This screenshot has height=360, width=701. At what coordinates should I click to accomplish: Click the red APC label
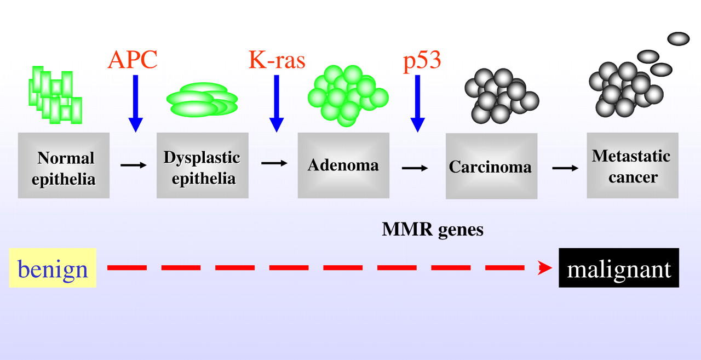pyautogui.click(x=133, y=59)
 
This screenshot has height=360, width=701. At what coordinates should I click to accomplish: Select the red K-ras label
pyautogui.click(x=277, y=59)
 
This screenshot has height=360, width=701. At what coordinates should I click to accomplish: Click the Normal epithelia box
pyautogui.click(x=64, y=165)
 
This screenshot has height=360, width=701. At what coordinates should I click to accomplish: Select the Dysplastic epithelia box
pyautogui.click(x=202, y=165)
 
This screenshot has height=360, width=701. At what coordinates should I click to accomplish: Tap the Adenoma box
pyautogui.click(x=343, y=165)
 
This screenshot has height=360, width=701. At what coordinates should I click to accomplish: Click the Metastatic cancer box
pyautogui.click(x=632, y=165)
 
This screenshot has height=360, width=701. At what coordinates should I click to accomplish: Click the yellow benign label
pyautogui.click(x=53, y=268)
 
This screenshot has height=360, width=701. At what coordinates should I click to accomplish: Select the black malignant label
pyautogui.click(x=619, y=268)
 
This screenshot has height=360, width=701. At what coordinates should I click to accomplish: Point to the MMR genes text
pyautogui.click(x=433, y=230)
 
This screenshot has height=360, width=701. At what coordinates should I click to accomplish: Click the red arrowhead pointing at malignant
pyautogui.click(x=544, y=268)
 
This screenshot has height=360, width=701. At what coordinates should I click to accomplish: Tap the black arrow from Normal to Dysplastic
pyautogui.click(x=134, y=164)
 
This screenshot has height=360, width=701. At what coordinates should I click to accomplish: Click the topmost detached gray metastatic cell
pyautogui.click(x=678, y=39)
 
